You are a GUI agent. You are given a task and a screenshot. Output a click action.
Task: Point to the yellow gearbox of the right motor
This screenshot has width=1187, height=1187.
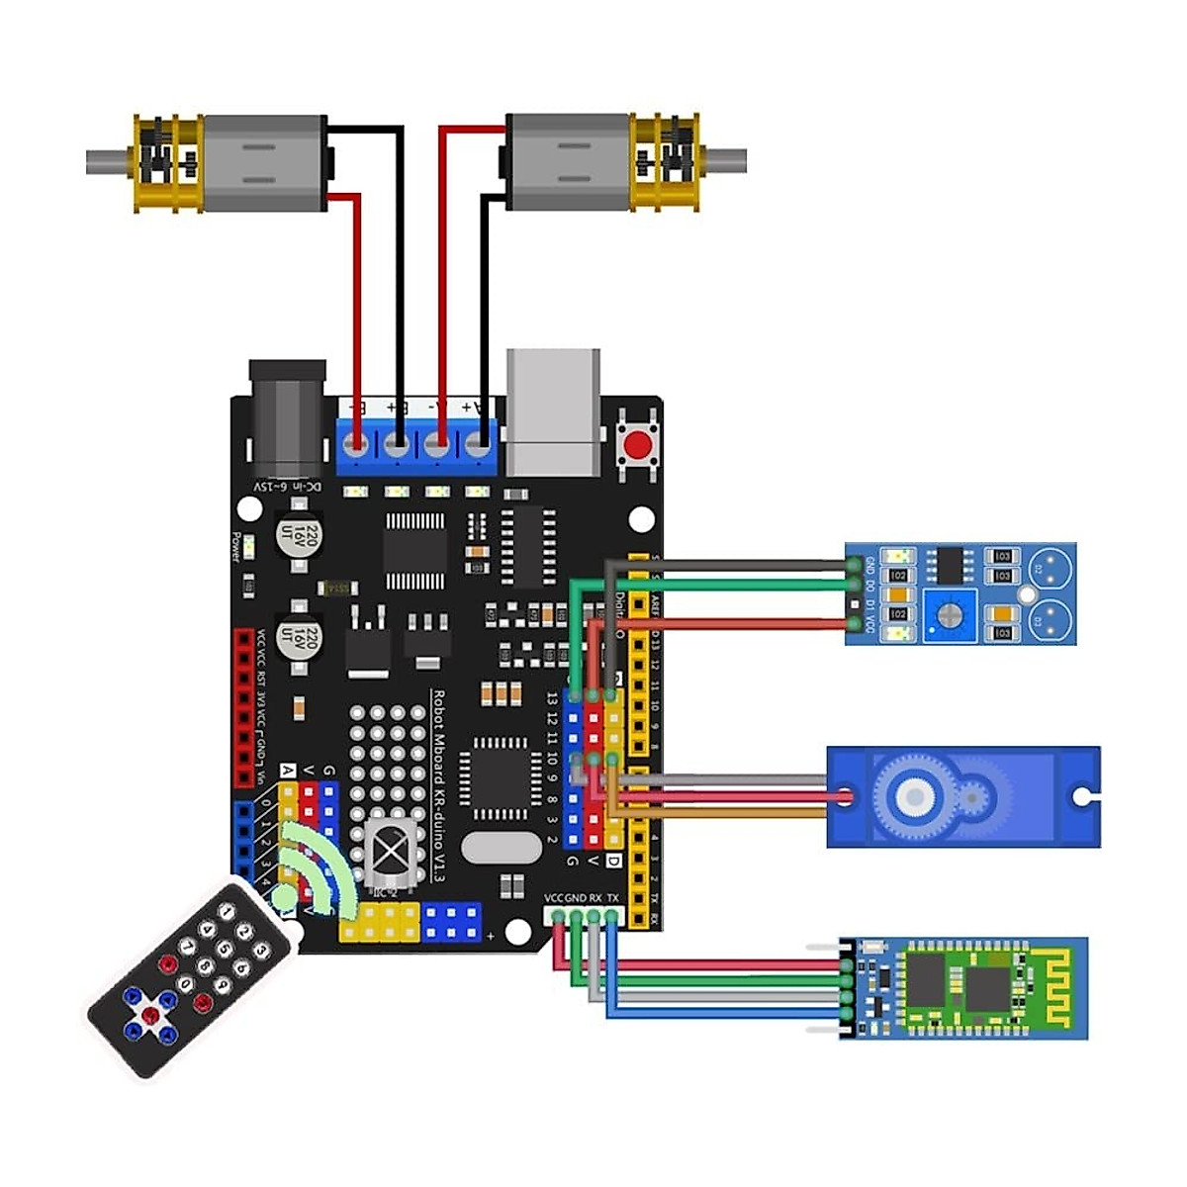667,162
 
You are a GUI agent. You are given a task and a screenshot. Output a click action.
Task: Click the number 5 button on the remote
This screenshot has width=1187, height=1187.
225,951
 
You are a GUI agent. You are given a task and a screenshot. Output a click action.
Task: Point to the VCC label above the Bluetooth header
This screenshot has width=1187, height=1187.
554,898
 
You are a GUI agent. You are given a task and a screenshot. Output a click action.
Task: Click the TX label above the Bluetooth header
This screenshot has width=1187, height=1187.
613,898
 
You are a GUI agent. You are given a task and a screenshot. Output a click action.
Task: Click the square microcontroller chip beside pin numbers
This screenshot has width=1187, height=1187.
501,778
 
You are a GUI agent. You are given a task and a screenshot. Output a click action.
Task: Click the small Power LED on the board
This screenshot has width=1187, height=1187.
250,547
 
